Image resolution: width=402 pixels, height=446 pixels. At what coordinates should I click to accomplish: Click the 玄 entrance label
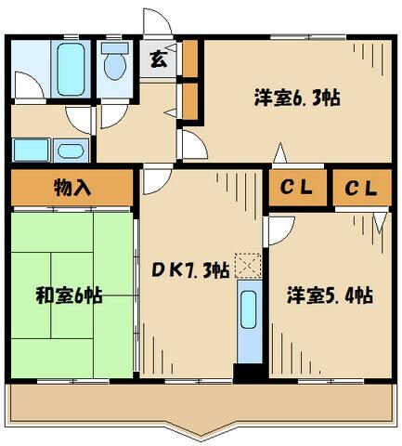pyautogui.click(x=159, y=61)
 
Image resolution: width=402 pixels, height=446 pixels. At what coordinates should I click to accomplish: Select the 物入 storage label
pyautogui.click(x=71, y=188)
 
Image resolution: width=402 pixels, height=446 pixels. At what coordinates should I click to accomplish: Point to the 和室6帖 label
pyautogui.click(x=70, y=296)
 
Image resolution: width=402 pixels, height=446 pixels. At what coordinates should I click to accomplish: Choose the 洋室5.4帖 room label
pyautogui.click(x=330, y=296)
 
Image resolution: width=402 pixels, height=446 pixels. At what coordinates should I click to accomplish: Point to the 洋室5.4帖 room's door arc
pyautogui.click(x=279, y=230)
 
